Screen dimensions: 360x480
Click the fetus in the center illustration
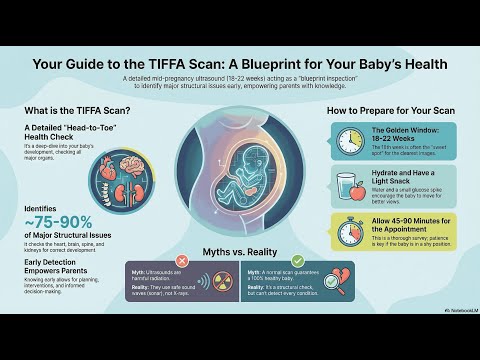(x=237, y=175)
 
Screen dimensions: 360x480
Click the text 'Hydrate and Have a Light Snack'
(x=404, y=178)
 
